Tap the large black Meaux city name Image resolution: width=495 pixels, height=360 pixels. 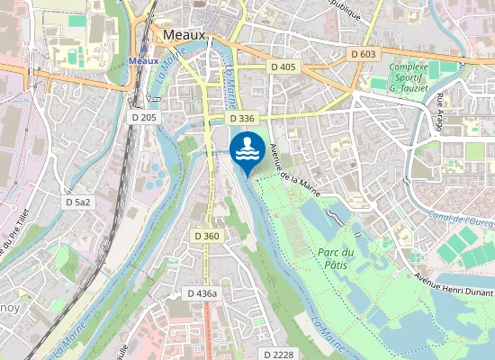184,34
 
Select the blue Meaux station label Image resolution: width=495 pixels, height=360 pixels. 143,60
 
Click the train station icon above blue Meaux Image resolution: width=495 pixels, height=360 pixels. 143,50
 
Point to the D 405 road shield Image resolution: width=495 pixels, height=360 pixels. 283,67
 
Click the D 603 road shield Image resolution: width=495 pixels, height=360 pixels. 363,54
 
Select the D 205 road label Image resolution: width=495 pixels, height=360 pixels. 143,118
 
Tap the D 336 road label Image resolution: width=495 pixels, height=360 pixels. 242,118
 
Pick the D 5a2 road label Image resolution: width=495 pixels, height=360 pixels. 78,202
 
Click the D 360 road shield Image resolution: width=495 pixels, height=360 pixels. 207,235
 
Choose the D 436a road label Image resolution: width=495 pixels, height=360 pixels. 203,293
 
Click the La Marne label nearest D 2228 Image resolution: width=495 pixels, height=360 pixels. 328,332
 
